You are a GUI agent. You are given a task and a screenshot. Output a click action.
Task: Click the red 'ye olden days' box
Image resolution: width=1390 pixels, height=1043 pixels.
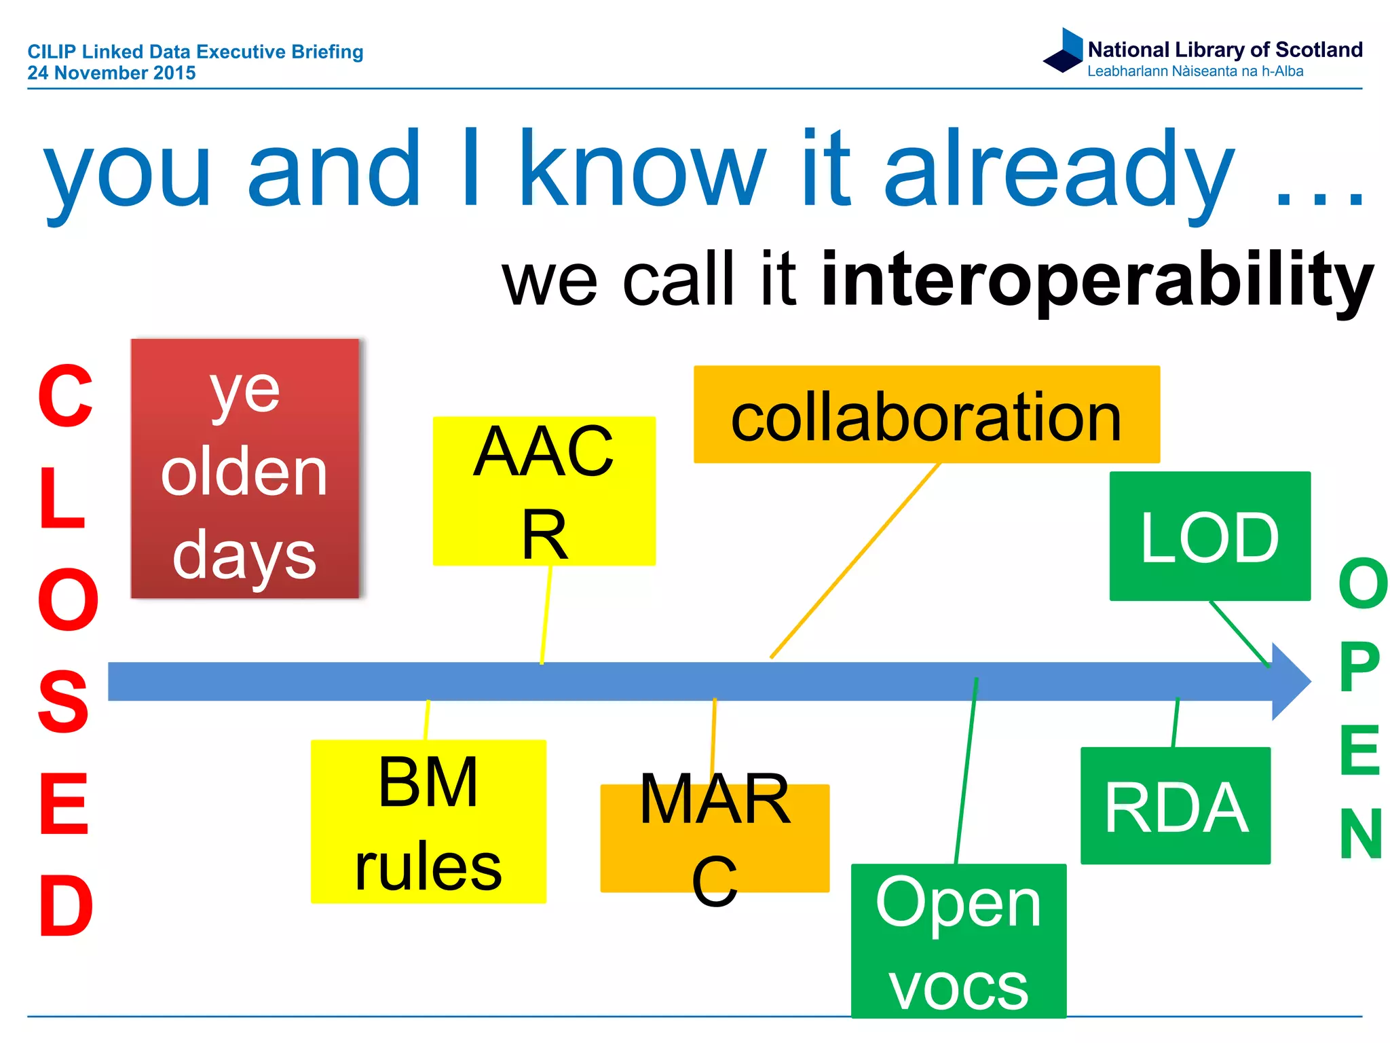point(244,469)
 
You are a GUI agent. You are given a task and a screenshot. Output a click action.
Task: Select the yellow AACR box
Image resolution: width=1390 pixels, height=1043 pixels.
point(544,491)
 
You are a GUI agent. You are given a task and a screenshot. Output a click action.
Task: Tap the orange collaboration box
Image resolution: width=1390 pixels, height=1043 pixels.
point(926,415)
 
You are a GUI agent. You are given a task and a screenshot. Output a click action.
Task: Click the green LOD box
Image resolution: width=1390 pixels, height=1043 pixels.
point(1209,536)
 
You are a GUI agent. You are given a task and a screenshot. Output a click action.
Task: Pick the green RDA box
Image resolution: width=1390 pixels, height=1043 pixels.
point(1175,806)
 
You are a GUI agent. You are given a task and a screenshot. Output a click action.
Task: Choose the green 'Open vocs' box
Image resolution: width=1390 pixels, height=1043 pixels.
point(958,940)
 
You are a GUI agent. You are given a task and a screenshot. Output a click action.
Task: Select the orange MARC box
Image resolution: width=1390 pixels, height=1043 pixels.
point(715,838)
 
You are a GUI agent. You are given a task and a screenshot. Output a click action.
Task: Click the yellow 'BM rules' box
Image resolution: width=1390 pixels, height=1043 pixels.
point(428,822)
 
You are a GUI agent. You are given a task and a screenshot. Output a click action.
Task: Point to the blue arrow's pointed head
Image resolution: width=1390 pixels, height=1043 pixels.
point(1290,681)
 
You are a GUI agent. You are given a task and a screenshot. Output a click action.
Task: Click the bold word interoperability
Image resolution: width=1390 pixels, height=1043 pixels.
point(1097,280)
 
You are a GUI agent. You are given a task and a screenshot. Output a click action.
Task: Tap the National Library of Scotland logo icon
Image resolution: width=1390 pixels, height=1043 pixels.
point(1064,50)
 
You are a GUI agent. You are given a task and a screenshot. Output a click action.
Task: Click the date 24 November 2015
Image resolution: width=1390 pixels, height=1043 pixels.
point(111,73)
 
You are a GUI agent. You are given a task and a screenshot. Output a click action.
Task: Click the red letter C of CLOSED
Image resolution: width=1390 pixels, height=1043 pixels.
point(65,397)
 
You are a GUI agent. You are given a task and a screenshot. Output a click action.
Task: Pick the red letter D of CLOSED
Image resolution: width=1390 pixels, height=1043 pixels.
point(65,905)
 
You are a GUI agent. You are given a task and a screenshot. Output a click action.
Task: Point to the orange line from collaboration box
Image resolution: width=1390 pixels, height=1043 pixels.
point(855,561)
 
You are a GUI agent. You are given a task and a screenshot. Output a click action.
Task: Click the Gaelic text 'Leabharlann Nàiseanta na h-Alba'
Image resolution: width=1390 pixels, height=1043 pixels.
point(1195,71)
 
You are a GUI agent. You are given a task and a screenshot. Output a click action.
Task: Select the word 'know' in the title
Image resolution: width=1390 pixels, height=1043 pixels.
point(641,170)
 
